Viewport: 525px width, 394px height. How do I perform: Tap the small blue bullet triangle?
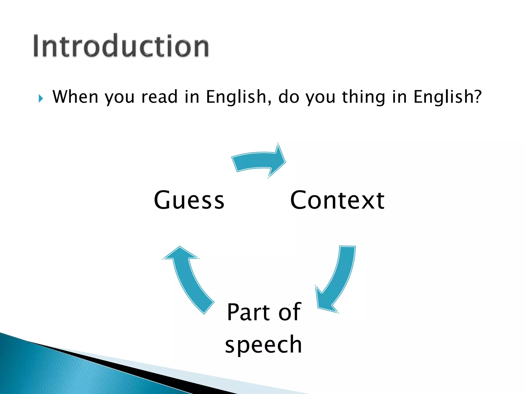click(x=41, y=98)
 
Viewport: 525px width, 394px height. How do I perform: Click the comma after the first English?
click(x=269, y=102)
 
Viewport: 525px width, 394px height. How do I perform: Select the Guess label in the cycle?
click(x=189, y=200)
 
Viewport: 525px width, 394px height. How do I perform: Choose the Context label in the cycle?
click(x=337, y=200)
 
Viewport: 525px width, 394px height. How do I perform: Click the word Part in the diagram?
click(x=249, y=312)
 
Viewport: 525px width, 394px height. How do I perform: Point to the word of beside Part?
click(x=290, y=312)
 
